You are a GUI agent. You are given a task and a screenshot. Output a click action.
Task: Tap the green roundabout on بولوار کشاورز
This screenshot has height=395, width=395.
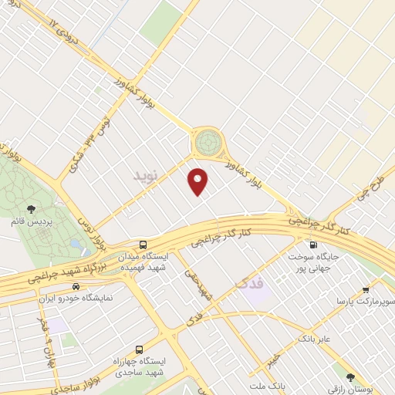(x=207, y=141)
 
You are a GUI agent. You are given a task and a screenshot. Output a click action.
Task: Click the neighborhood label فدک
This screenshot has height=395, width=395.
(x=248, y=284)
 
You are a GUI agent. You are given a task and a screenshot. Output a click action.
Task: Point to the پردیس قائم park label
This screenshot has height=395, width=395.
(x=45, y=220)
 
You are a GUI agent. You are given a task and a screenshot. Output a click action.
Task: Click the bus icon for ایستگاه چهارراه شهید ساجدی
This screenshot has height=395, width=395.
(x=140, y=349)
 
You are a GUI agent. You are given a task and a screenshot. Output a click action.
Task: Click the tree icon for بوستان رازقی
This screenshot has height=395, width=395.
(x=350, y=377)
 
